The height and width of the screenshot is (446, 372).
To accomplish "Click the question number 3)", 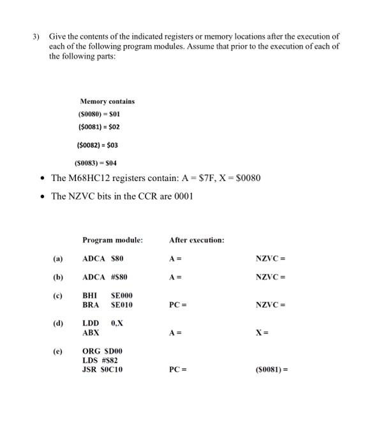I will tap(36, 38).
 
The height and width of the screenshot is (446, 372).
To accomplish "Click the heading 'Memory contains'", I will tap(107, 101).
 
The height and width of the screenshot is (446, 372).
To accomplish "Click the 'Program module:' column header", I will tap(112, 240).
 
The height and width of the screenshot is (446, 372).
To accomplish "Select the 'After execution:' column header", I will tap(197, 240).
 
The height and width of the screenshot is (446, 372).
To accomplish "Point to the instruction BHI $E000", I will tap(107, 296).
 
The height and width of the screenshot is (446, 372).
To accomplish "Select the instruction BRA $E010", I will tap(107, 305).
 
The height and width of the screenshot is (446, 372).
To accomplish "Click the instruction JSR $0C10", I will tap(102, 369).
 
